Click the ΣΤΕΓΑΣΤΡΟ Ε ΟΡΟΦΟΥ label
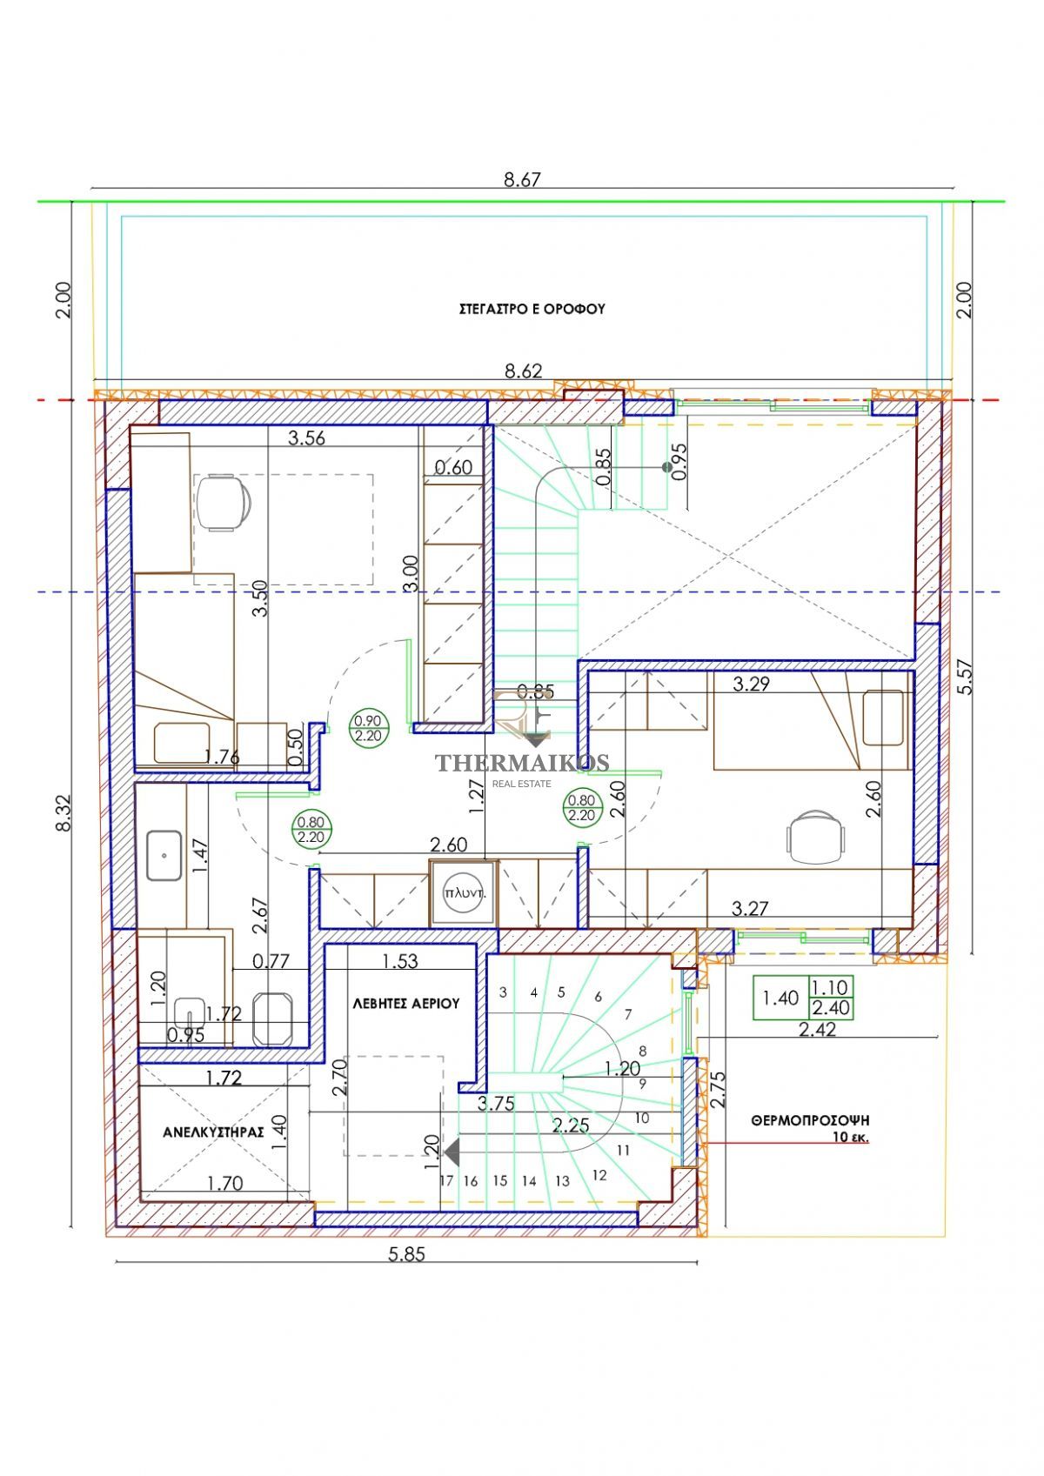[532, 309]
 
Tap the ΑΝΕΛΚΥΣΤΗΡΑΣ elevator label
[213, 1132]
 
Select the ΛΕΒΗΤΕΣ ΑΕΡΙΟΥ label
[406, 1004]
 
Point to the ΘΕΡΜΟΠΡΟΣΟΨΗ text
[810, 1119]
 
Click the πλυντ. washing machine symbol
[465, 894]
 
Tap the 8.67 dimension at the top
[522, 179]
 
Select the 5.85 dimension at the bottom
[406, 1254]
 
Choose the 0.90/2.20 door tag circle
[368, 729]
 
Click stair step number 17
[447, 1181]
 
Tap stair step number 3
[503, 992]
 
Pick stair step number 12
[599, 1176]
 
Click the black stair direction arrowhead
[452, 1152]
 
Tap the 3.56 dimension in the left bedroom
[306, 437]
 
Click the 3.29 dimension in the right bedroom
[752, 684]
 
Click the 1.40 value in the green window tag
[780, 998]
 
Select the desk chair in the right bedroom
[815, 838]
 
